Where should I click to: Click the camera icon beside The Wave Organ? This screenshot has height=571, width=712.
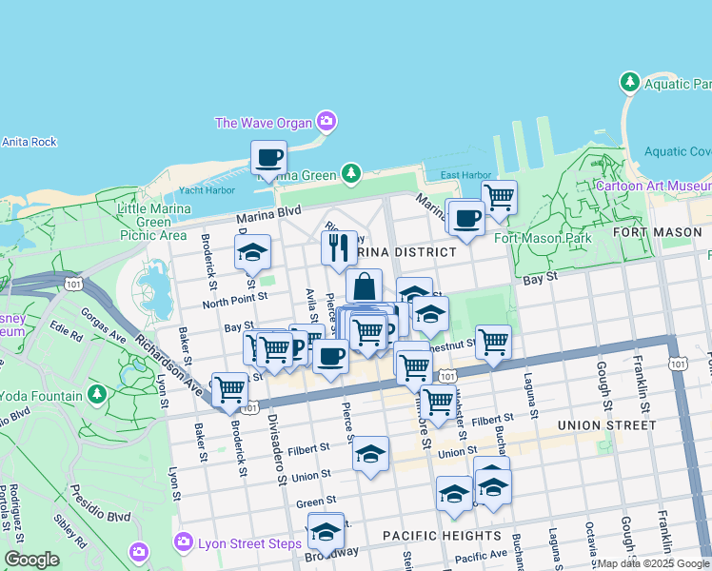click(326, 121)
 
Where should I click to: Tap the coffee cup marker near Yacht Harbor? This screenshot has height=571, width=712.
click(268, 157)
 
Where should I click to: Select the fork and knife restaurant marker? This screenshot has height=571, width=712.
click(339, 248)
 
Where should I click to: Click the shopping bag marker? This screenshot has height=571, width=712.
click(364, 285)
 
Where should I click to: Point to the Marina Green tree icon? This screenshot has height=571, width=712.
click(352, 172)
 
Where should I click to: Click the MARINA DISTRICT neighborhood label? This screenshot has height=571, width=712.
click(404, 252)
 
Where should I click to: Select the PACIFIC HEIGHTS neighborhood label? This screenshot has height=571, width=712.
click(442, 536)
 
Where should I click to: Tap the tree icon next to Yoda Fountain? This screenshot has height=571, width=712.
click(96, 393)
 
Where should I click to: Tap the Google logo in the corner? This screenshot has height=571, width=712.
click(31, 560)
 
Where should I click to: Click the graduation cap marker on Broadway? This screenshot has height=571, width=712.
click(326, 531)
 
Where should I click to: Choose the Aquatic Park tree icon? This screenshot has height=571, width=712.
click(629, 83)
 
